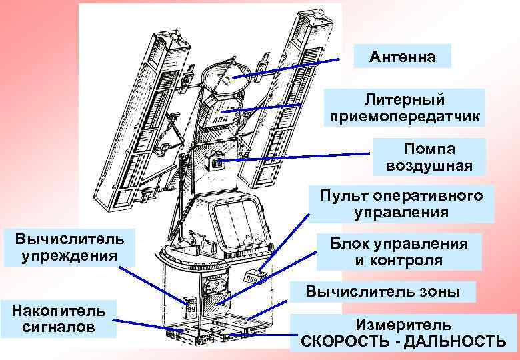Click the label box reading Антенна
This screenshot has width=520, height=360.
point(403,57)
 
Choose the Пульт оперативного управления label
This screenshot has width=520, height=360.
point(400,205)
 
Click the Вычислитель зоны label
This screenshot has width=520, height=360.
point(391,291)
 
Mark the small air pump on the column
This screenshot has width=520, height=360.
point(216,162)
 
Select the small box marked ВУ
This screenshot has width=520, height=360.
point(191,309)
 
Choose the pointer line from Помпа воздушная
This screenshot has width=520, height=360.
point(293,157)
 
